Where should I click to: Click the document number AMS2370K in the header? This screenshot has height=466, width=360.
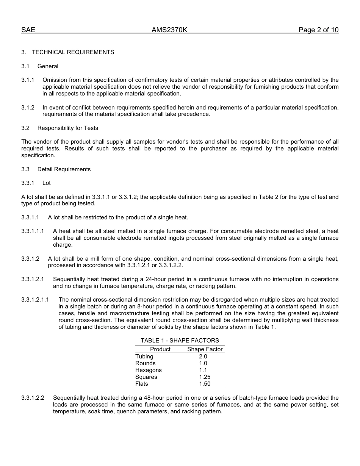(169, 30)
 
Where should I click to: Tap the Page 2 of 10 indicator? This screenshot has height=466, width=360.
(318, 30)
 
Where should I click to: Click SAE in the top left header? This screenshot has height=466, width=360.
(28, 30)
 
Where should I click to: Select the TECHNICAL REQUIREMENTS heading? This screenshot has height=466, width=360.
(73, 52)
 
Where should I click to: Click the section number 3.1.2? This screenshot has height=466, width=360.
(28, 108)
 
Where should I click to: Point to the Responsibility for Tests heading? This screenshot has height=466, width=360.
(67, 128)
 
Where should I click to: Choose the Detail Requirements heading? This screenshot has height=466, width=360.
(64, 169)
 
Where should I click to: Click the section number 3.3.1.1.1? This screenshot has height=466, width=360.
(33, 231)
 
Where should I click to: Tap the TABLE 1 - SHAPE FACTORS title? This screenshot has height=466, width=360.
(180, 341)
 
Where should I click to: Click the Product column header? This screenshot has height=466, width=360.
(160, 349)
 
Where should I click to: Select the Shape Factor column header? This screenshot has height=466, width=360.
(205, 349)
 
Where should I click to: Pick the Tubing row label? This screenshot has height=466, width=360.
(144, 357)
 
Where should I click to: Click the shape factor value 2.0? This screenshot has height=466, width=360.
(203, 357)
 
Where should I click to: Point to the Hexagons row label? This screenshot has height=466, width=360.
(149, 370)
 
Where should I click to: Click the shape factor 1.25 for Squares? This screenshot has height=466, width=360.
(205, 377)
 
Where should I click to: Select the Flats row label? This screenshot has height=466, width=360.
(142, 384)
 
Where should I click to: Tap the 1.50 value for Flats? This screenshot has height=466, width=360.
(205, 384)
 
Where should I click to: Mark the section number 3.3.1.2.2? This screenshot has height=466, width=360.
(33, 398)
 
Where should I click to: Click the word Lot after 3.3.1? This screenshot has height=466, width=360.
(47, 183)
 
